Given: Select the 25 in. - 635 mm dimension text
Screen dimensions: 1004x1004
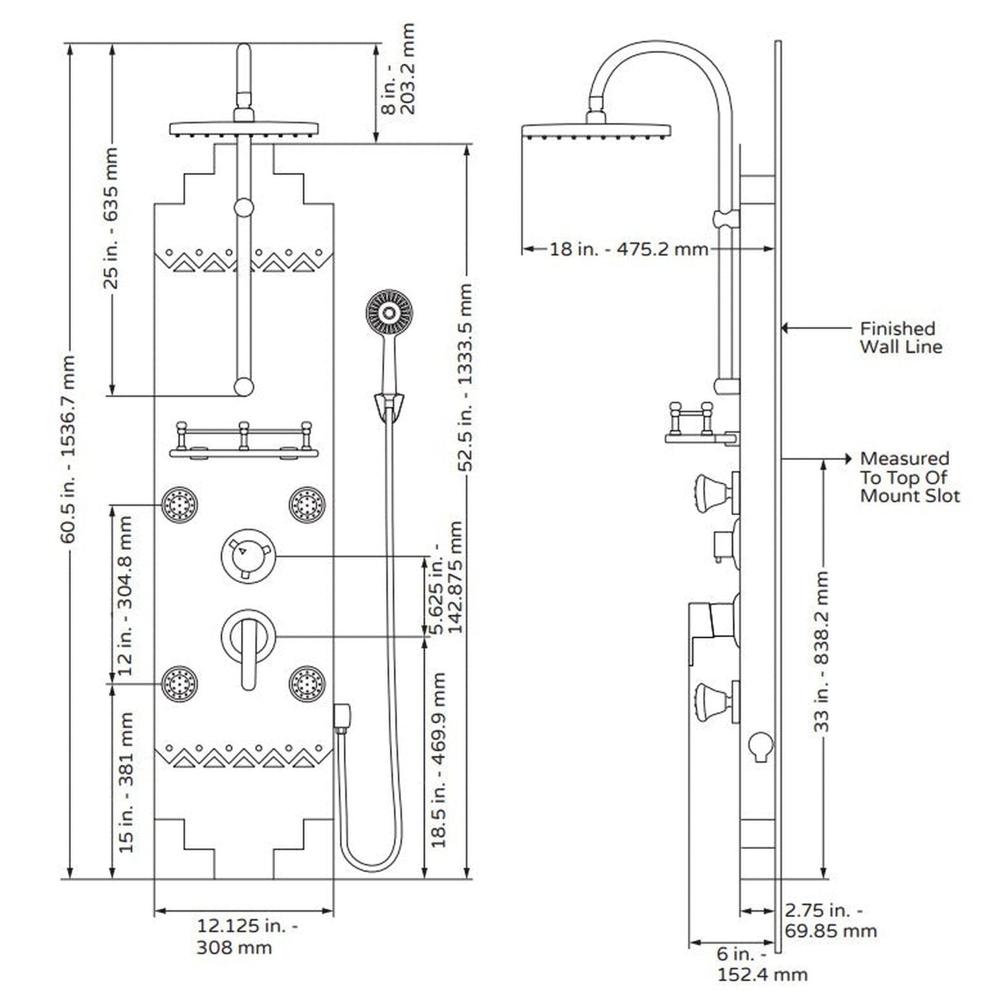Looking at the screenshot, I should (111, 217).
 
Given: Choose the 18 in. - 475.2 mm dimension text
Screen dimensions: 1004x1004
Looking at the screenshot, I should (629, 249).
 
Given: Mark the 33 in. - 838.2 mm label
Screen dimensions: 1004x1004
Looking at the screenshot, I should (823, 652).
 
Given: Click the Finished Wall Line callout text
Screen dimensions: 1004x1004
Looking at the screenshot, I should (900, 338).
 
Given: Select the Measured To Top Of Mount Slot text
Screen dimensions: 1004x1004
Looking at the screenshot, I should (909, 477).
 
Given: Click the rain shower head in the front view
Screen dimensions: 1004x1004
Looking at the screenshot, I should (244, 129).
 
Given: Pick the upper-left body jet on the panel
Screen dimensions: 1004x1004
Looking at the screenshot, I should (180, 504).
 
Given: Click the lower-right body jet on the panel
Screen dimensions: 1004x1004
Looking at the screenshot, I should (307, 683).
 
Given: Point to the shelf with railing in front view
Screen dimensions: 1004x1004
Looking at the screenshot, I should (244, 442).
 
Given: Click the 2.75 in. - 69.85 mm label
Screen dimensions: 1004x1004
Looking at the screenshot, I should (830, 920).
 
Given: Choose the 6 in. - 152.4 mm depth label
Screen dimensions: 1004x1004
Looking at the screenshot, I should (761, 964).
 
